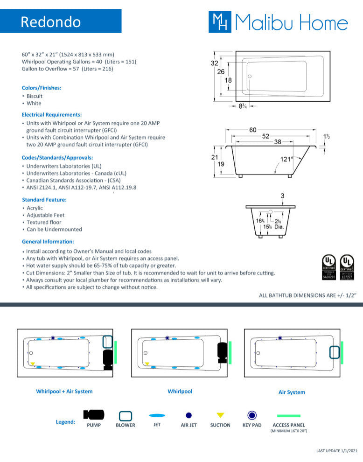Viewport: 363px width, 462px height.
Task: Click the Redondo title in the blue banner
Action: [x=51, y=21]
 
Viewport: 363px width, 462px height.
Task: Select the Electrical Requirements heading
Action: [x=52, y=114]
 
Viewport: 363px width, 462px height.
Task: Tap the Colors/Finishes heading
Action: [x=42, y=88]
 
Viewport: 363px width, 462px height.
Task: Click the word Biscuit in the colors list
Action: [x=35, y=96]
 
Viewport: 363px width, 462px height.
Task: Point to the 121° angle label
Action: [x=286, y=159]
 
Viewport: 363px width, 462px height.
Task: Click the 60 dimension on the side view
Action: [x=252, y=130]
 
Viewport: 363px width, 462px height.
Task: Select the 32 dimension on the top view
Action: [x=215, y=63]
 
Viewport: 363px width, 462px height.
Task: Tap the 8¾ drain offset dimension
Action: [x=243, y=106]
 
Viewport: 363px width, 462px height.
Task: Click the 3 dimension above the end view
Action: [x=282, y=196]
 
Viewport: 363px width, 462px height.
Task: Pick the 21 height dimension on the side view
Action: [x=215, y=157]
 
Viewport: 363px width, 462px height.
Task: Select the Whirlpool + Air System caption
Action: [x=64, y=392]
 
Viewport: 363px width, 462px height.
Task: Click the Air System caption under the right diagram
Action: [x=292, y=392]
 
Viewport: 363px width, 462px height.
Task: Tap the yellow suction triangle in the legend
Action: [x=220, y=415]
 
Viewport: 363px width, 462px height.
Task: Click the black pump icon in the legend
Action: [x=94, y=414]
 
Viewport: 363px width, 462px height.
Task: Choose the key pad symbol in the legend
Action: [x=252, y=415]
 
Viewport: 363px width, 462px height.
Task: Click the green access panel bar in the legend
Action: [x=289, y=415]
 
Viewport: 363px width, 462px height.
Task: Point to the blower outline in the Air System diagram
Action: [x=334, y=352]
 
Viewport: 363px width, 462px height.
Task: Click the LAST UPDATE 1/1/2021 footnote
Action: [x=336, y=451]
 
